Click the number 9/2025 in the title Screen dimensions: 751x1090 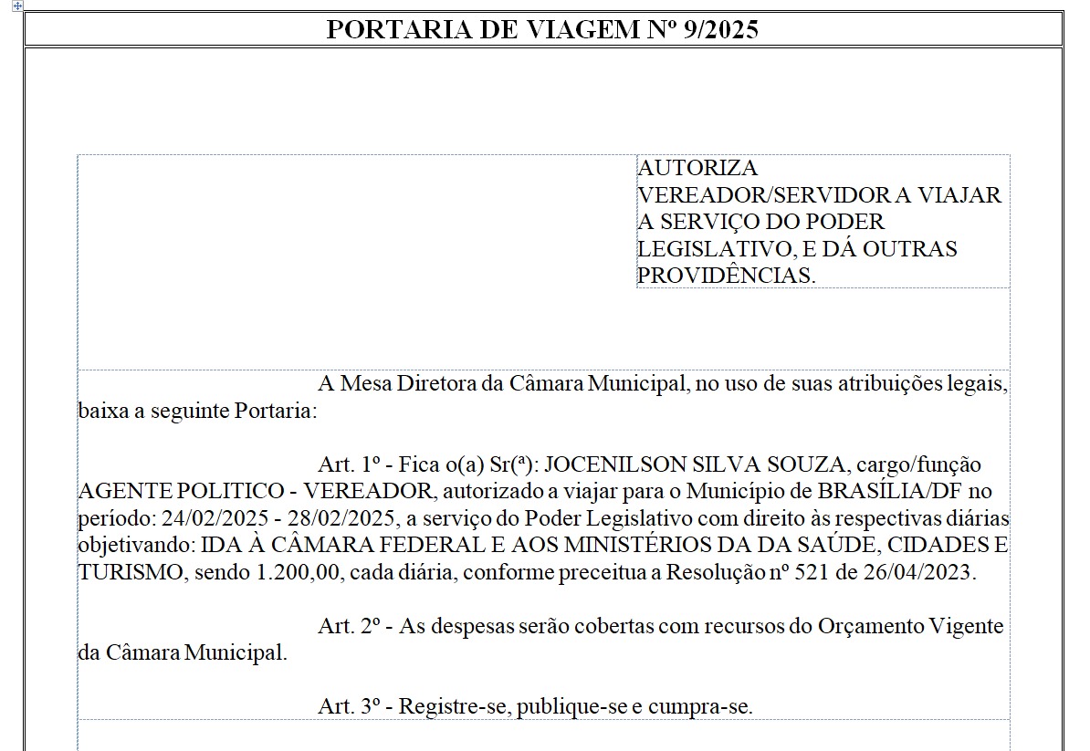(x=720, y=30)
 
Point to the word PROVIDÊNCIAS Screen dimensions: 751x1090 (x=725, y=276)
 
